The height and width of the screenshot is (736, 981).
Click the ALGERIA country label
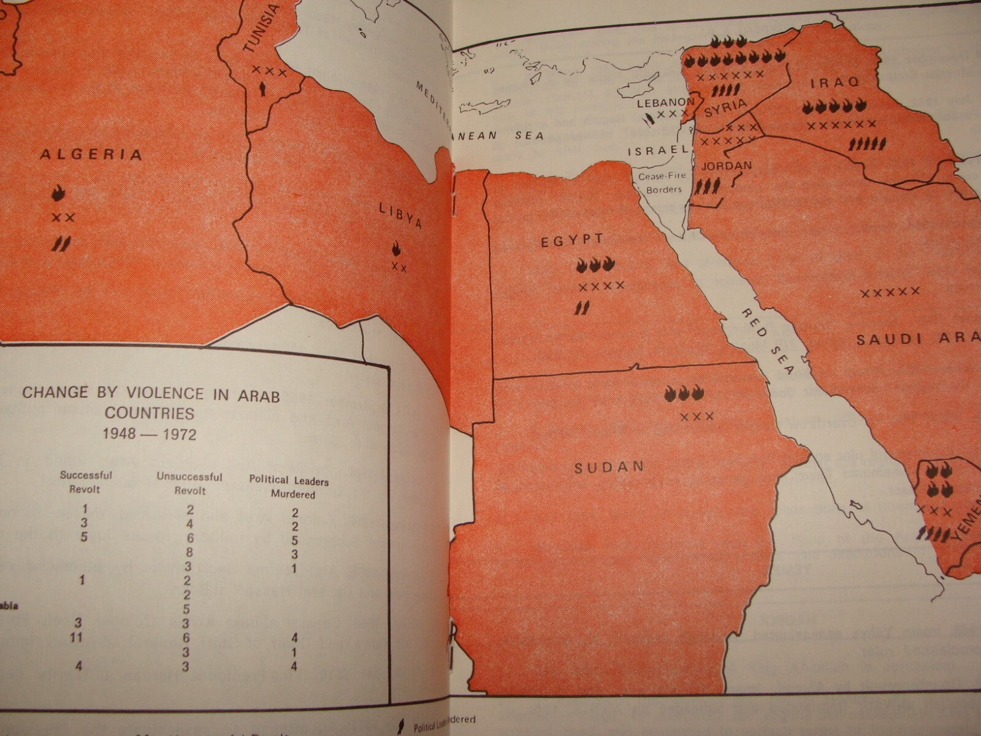(91, 155)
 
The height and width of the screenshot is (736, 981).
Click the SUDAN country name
(609, 468)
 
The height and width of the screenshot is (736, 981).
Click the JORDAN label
(726, 166)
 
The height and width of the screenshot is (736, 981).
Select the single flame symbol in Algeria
(59, 193)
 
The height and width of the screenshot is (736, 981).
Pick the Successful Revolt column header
(86, 481)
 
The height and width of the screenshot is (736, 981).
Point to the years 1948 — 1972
(150, 434)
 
